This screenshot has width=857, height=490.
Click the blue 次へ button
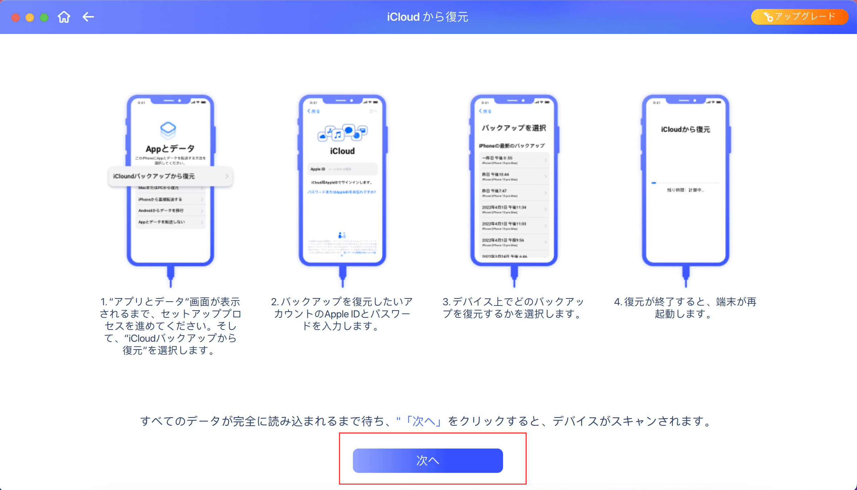coord(428,460)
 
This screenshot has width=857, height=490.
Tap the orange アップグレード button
coord(799,17)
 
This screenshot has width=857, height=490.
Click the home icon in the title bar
coord(64,17)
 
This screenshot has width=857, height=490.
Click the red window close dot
coord(15,18)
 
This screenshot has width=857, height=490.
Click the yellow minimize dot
coord(30,18)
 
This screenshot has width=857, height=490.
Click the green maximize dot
coord(44,18)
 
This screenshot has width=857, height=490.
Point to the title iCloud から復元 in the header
coord(428,17)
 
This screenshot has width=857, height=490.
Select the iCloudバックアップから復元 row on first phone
coord(171,176)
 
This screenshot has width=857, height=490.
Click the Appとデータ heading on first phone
coord(170,149)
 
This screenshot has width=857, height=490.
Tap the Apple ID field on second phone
coord(342,169)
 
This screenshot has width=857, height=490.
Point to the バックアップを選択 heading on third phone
coord(514,128)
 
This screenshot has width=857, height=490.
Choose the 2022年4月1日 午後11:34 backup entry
coord(514,209)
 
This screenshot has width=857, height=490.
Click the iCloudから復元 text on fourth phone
coord(685,129)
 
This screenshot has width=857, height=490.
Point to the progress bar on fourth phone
coord(685,183)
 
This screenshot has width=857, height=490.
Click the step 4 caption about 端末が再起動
coord(685,308)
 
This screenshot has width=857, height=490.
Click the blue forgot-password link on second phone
coord(342,192)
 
